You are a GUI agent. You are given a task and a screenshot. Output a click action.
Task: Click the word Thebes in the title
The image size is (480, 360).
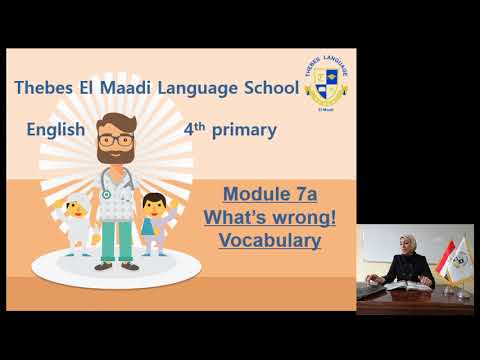(45, 88)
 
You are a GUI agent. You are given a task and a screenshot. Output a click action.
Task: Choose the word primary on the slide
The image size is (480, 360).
(244, 130)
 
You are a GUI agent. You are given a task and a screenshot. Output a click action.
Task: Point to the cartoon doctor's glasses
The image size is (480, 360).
(116, 140)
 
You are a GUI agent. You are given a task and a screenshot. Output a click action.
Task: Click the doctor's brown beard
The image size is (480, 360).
(116, 158)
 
